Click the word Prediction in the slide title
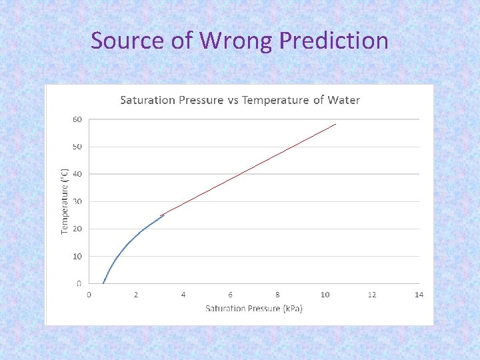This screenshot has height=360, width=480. tap(333, 41)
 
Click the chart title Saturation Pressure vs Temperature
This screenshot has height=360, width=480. tap(239, 100)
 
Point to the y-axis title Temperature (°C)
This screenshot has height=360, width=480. tap(65, 200)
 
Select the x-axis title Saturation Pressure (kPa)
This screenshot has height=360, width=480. tap(253, 308)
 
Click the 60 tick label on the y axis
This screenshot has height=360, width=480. tap(77, 119)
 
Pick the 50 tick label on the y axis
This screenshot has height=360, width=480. tap(77, 147)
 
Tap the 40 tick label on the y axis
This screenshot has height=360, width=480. tap(77, 174)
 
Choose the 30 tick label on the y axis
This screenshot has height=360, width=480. tap(77, 201)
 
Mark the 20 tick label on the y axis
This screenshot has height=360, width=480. tap(77, 229)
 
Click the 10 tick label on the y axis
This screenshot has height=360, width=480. tap(77, 256)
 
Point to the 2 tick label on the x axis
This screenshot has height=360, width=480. tap(136, 295)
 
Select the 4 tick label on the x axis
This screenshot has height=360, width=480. tap(183, 295)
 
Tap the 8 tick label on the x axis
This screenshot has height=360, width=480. tap(277, 295)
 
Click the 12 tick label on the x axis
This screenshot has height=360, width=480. tap(372, 295)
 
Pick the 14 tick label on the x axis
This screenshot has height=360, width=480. tap(419, 295)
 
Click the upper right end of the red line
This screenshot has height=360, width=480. tap(335, 124)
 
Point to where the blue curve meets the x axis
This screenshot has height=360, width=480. tap(103, 283)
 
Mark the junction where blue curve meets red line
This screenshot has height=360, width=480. tap(163, 215)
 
